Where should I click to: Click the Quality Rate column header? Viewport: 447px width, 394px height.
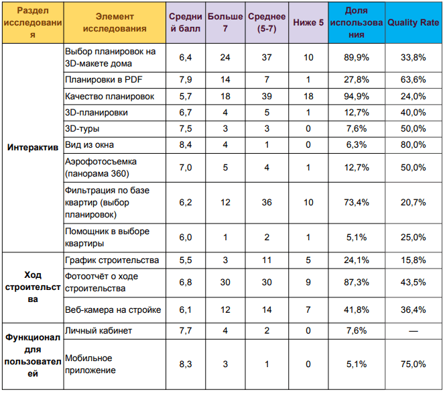click(x=413, y=23)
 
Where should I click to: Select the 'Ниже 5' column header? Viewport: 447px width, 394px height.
click(x=308, y=23)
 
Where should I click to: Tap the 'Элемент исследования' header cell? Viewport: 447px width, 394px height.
click(x=115, y=23)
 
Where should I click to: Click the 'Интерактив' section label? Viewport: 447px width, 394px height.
click(x=33, y=147)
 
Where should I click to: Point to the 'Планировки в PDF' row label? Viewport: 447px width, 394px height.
click(x=103, y=80)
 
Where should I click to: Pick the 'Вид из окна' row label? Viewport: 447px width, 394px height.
click(x=89, y=145)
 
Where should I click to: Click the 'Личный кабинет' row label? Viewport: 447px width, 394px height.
click(x=99, y=331)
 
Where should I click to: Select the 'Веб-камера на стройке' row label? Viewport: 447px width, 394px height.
click(x=113, y=310)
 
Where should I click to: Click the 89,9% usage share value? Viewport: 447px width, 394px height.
click(x=357, y=57)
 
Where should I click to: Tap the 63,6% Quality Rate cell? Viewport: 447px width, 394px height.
click(x=413, y=80)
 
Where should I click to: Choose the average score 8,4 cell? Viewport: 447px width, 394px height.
click(x=185, y=145)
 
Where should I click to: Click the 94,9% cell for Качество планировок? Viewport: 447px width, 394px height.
click(x=357, y=96)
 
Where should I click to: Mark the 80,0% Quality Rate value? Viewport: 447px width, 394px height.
click(x=413, y=145)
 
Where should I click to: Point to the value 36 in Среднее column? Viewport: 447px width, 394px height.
click(x=267, y=203)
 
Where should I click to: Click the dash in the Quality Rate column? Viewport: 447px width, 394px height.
click(x=413, y=331)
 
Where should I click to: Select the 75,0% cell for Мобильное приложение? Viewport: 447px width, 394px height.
click(x=413, y=364)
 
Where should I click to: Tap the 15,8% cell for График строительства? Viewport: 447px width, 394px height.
click(x=413, y=260)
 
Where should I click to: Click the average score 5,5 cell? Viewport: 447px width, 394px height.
click(x=185, y=260)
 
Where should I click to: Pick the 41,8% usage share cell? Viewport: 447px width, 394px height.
click(x=357, y=310)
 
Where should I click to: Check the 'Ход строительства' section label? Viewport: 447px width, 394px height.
click(x=33, y=287)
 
